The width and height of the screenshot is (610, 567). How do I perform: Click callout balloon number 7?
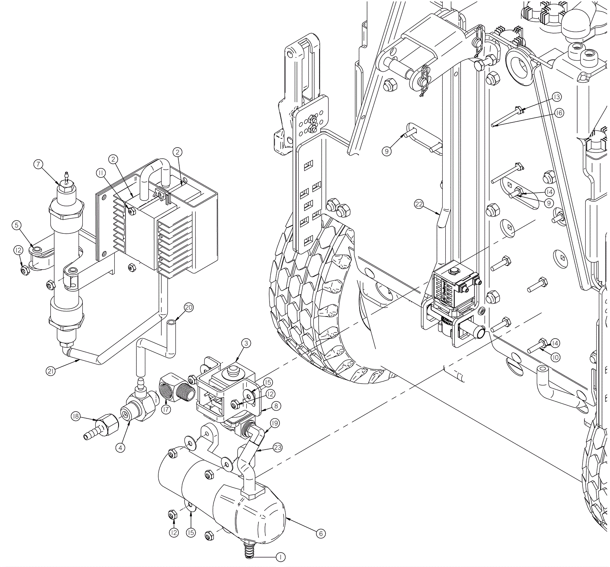pyautogui.click(x=38, y=164)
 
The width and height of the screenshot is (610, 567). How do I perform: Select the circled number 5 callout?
pyautogui.click(x=16, y=225)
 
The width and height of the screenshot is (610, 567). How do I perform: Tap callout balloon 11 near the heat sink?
pyautogui.click(x=101, y=173)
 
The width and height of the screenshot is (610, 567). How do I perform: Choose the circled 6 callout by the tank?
pyautogui.click(x=321, y=533)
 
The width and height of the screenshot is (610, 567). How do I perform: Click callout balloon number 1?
pyautogui.click(x=280, y=557)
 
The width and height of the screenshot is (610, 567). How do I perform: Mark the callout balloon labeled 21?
pyautogui.click(x=51, y=370)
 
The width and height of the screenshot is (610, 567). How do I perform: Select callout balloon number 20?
pyautogui.click(x=189, y=307)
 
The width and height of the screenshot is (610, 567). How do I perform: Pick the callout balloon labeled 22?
pyautogui.click(x=419, y=204)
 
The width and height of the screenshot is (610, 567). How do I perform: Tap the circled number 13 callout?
pyautogui.click(x=557, y=97)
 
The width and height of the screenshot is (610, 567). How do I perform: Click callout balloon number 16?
pyautogui.click(x=559, y=113)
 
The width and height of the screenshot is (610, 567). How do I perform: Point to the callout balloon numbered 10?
pyautogui.click(x=555, y=357)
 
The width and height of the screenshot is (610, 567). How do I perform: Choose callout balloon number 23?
pyautogui.click(x=278, y=447)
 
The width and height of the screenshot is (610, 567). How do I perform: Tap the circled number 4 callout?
pyautogui.click(x=120, y=447)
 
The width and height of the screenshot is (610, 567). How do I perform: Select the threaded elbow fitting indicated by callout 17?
pyautogui.click(x=172, y=387)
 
